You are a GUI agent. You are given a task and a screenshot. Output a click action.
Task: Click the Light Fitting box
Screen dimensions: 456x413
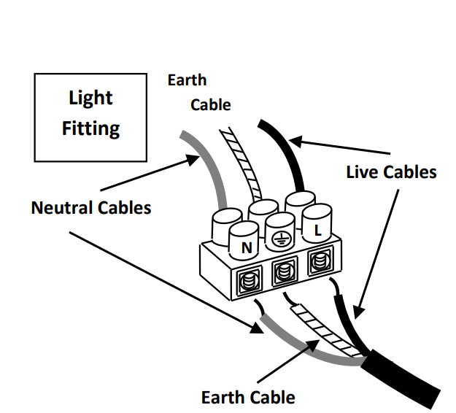90,117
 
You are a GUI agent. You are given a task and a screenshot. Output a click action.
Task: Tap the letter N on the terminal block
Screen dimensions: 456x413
247,248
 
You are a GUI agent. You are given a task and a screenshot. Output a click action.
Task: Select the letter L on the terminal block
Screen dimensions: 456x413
318,231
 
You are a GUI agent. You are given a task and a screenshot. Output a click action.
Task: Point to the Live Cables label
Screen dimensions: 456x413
391,172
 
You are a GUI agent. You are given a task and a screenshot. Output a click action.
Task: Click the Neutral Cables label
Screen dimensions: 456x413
91,208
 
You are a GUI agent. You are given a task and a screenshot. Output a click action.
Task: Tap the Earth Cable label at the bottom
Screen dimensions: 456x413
248,397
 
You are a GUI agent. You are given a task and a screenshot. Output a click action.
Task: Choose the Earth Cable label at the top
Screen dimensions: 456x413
199,93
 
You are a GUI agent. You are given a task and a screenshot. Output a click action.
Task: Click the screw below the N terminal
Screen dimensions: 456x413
249,281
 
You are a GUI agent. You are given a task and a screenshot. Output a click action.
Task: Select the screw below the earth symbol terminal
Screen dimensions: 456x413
284,272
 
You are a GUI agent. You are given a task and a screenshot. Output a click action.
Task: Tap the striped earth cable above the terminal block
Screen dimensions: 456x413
241,163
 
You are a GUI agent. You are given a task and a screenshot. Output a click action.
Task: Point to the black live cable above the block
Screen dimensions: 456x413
286,152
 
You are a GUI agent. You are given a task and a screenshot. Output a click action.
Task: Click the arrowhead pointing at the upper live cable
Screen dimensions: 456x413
295,142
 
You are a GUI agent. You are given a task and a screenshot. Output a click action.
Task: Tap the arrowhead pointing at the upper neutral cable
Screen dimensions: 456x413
193,159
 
